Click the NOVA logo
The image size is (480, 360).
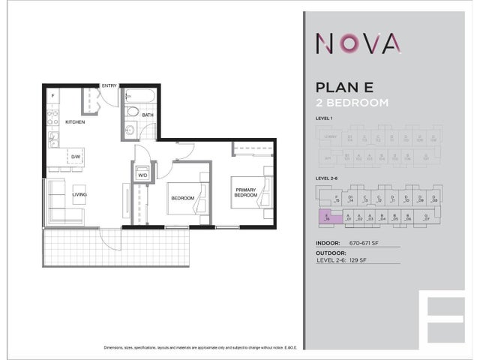pyautogui.click(x=356, y=44)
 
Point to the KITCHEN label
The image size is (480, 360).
pyautogui.click(x=75, y=121)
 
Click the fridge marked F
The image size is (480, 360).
pyautogui.click(x=53, y=97)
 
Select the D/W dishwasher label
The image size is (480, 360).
pyautogui.click(x=76, y=157)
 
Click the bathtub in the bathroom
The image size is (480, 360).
pyautogui.click(x=139, y=97)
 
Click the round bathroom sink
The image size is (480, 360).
pyautogui.click(x=129, y=130)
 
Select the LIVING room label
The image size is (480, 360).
pyautogui.click(x=79, y=195)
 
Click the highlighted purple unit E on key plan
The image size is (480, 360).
pyautogui.click(x=328, y=217)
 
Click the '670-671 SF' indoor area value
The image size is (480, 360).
pyautogui.click(x=365, y=244)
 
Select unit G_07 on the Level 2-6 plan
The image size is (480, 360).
pyautogui.click(x=427, y=217)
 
